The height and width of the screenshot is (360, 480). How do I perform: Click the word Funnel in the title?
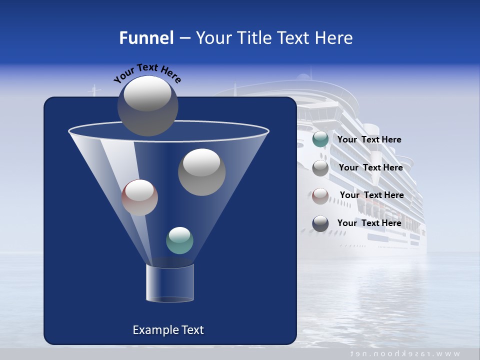(x=146, y=38)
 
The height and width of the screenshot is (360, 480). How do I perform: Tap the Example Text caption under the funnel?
(x=168, y=330)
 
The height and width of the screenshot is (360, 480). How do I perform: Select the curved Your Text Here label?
(x=147, y=72)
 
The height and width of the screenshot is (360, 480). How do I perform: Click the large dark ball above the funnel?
(x=148, y=105)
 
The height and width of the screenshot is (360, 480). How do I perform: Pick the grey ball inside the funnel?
(x=201, y=172)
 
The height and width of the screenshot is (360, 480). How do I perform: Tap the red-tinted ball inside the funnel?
(x=139, y=197)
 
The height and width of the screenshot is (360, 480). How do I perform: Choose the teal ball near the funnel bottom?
(x=179, y=240)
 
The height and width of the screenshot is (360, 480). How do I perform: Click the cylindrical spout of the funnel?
(x=169, y=283)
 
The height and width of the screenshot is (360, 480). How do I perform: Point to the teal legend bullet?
(x=320, y=139)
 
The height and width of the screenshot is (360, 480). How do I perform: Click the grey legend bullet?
(x=320, y=168)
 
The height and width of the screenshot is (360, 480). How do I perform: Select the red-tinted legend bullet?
(x=320, y=195)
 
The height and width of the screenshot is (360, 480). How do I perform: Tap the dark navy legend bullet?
(x=320, y=223)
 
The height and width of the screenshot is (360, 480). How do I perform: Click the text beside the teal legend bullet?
(x=369, y=140)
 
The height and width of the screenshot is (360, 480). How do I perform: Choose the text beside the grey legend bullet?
(x=370, y=168)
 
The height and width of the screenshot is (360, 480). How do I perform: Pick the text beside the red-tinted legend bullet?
(x=371, y=195)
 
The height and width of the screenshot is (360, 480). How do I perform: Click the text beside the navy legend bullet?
(x=369, y=223)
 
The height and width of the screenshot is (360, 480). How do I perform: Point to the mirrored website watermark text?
(x=405, y=353)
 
